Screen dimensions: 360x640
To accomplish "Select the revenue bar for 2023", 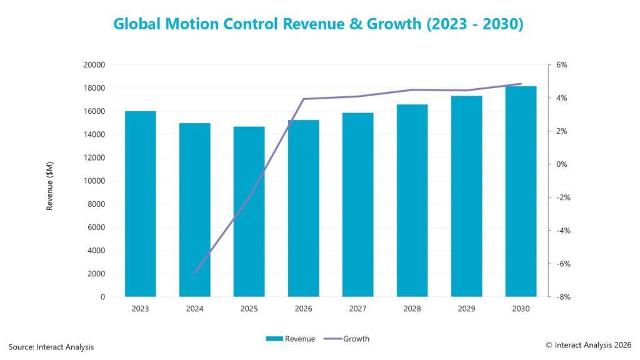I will pos(140,204).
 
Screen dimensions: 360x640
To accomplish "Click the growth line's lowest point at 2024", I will pos(195,272).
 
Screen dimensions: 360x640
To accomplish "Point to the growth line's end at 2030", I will pos(521,84).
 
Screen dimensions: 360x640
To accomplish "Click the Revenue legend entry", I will pos(290,339).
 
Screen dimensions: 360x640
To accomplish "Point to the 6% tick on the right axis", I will pos(561,65).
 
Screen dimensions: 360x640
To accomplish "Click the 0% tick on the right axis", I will pos(561,164).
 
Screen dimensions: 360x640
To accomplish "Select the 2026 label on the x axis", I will pos(303,309).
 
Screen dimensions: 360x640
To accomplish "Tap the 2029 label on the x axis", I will pos(466,309).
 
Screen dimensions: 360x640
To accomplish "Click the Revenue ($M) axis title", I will pos(50,186).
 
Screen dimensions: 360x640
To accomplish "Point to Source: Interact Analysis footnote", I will pos(51,346).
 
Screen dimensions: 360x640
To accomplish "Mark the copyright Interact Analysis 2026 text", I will pos(588,345).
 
